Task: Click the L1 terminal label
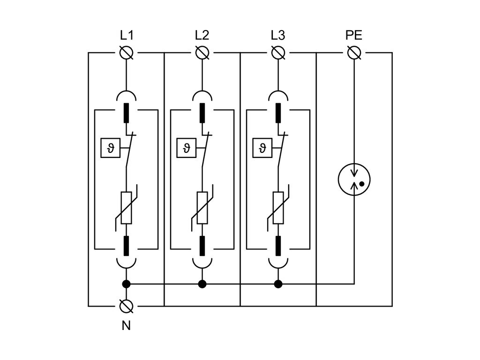tap(126, 36)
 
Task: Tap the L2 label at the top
tap(202, 36)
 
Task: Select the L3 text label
tap(278, 36)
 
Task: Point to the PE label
tap(354, 36)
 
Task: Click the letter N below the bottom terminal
tap(126, 325)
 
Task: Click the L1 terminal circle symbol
tap(126, 53)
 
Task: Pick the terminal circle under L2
tap(202, 53)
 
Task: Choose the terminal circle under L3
tap(278, 53)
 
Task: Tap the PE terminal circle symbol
tap(354, 53)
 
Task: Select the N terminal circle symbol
tap(126, 306)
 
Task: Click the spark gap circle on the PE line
tap(354, 179)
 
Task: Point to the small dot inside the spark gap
tap(362, 184)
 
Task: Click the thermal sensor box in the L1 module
tap(111, 149)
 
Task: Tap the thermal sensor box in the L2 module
tap(187, 149)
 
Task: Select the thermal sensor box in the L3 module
tap(262, 149)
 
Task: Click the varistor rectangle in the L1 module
tap(126, 208)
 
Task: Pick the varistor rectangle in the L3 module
tap(278, 208)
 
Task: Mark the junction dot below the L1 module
tap(126, 284)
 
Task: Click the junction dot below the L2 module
tap(202, 284)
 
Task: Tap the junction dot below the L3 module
tap(278, 284)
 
